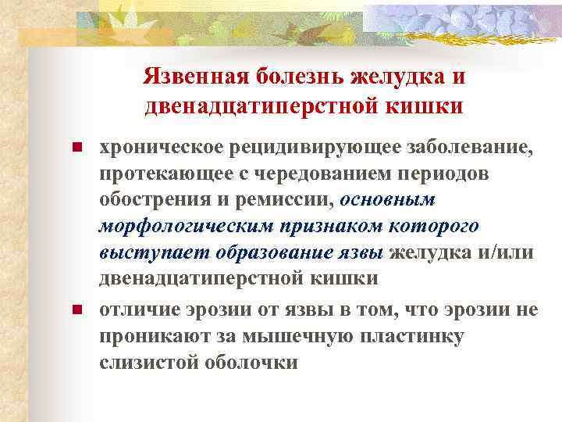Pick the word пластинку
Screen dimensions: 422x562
click(x=420, y=336)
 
